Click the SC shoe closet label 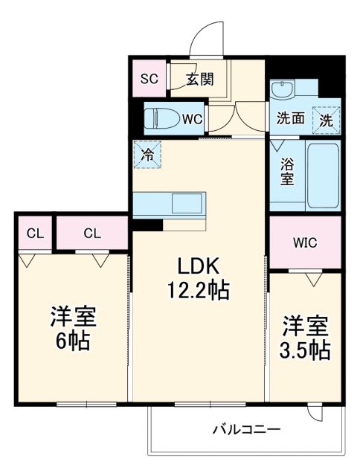[149, 77]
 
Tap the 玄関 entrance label [199, 78]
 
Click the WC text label [191, 118]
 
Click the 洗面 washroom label [291, 118]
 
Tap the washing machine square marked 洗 [326, 118]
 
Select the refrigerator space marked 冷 [147, 155]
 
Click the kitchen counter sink [181, 202]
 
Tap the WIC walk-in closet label [304, 242]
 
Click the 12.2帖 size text [197, 289]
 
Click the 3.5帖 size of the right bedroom [304, 350]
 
